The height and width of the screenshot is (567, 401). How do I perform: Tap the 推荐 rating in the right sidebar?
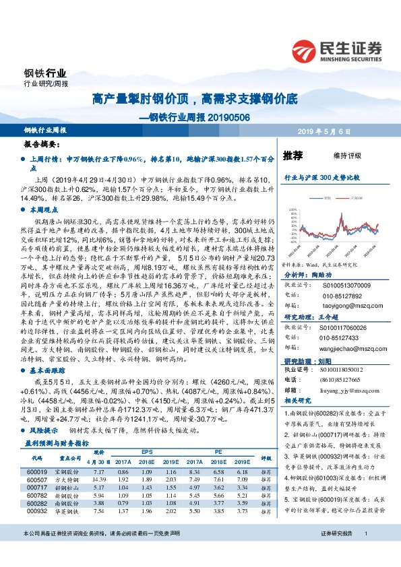(293, 156)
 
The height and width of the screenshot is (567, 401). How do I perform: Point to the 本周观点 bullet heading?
(45, 210)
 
